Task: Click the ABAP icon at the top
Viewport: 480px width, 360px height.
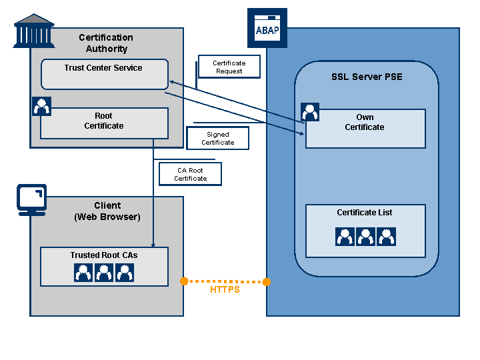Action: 267,28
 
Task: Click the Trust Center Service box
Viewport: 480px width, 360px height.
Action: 104,74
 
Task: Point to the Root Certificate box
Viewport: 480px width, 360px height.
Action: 104,123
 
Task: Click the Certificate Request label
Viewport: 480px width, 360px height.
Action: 229,67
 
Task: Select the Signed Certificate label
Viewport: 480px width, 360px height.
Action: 218,138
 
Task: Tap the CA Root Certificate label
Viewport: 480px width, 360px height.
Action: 190,174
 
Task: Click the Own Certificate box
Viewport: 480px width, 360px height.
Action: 365,128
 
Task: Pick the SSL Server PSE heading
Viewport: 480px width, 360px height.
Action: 367,77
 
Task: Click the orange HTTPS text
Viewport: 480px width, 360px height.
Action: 225,290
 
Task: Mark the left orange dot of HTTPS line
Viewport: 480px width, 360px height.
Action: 184,281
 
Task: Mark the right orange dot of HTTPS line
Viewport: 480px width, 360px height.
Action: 267,282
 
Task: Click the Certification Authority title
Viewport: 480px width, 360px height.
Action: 106,43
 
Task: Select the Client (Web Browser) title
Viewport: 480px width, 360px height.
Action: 107,211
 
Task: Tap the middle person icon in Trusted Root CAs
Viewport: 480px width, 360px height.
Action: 104,272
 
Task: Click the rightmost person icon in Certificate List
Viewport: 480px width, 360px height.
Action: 386,237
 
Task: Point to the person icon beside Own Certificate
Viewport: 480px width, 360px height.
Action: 310,111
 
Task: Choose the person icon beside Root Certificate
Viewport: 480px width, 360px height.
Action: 42,106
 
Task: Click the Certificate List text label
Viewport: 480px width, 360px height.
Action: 365,213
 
